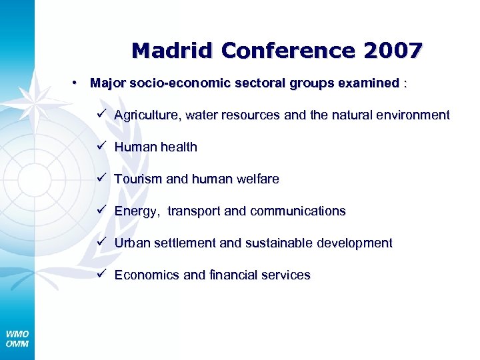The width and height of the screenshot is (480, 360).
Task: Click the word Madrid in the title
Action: tap(173, 51)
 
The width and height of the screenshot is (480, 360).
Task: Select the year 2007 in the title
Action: tap(394, 51)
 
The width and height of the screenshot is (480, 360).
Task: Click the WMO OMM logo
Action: tap(17, 339)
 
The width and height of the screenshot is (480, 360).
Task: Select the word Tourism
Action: tap(137, 179)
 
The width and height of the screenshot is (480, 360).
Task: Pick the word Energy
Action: tap(137, 211)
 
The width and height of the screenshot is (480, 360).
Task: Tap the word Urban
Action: tap(132, 243)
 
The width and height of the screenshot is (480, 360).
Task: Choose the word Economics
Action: tap(146, 275)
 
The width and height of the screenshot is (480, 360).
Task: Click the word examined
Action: tap(369, 83)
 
